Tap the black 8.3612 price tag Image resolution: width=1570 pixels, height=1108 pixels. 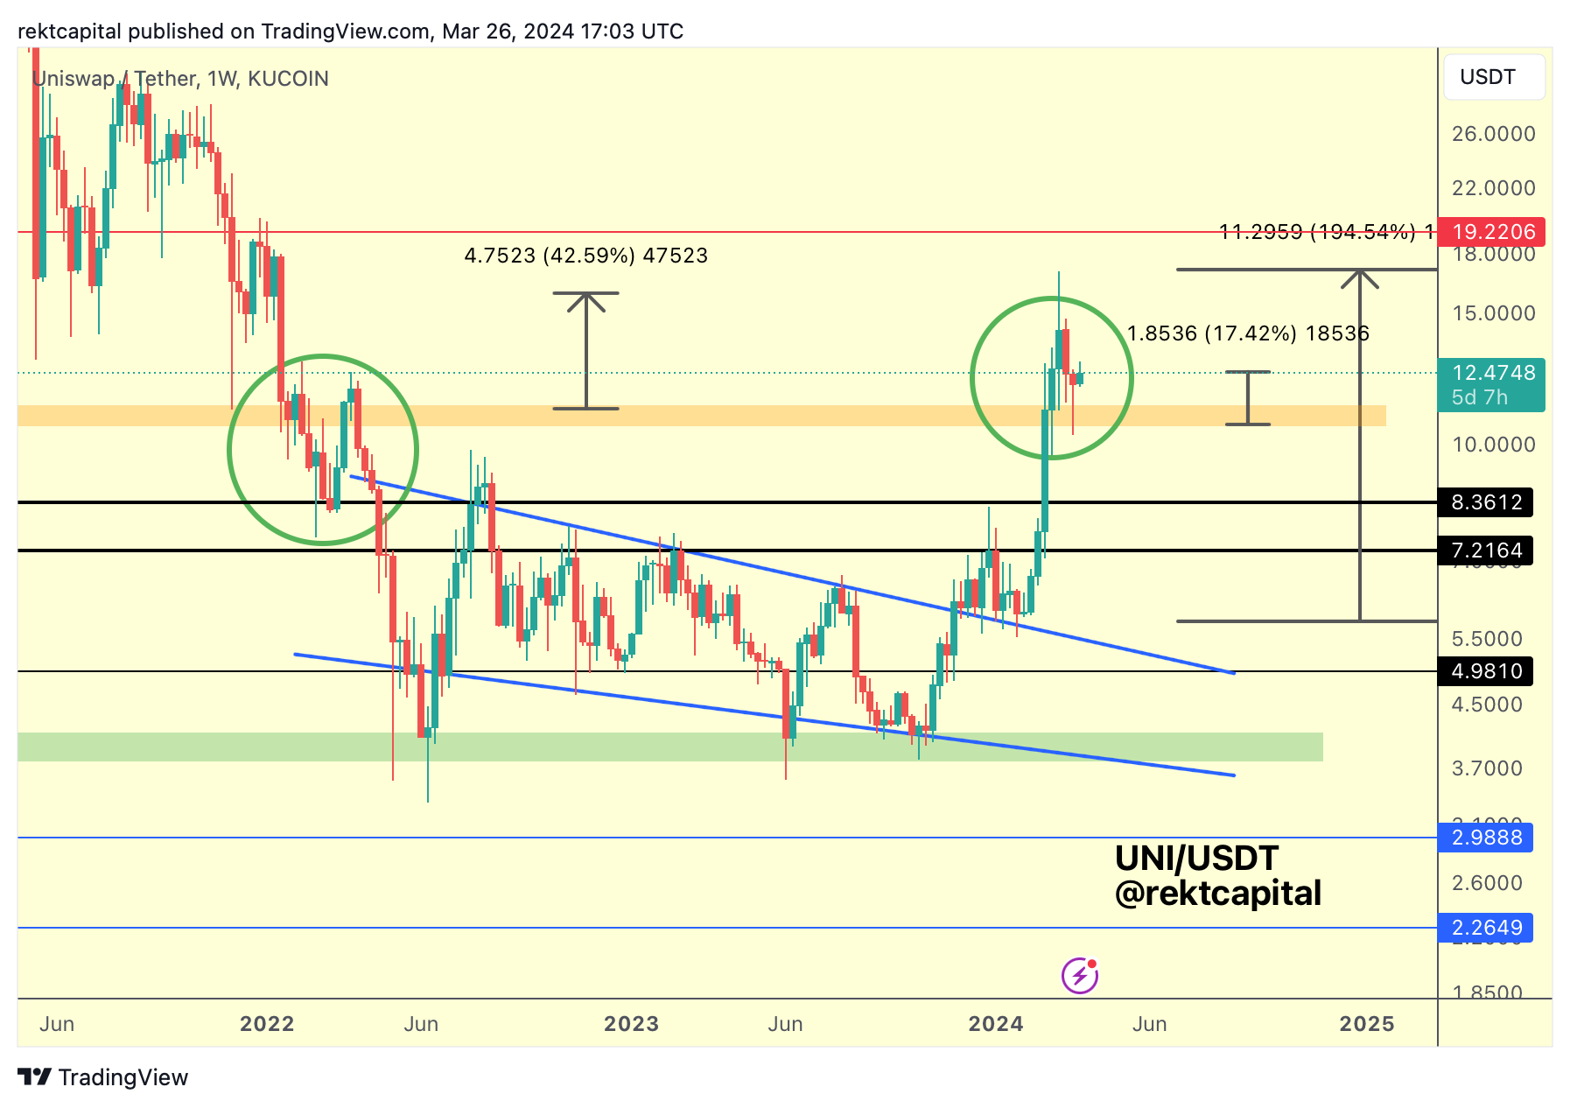point(1486,502)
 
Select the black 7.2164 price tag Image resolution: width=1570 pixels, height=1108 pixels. point(1486,550)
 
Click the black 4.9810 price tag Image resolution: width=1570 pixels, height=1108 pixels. point(1486,671)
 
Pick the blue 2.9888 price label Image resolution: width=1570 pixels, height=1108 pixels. point(1486,838)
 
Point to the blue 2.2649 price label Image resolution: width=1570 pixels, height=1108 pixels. point(1486,928)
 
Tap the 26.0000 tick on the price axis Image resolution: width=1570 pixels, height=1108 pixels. point(1493,134)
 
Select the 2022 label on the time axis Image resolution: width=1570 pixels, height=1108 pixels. point(267,1024)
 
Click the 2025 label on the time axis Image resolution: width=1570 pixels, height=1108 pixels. point(1367,1024)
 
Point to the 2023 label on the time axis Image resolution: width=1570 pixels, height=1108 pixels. point(631,1024)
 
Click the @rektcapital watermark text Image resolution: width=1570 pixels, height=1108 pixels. point(1217,894)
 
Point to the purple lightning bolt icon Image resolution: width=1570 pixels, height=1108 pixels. point(1080,975)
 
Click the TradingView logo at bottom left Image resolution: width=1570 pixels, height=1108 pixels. point(103,1077)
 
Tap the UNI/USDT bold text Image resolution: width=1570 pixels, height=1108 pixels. point(1196,859)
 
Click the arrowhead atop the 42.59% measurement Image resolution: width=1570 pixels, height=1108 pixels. point(586,301)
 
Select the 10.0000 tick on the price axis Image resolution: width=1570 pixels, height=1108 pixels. point(1493,445)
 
